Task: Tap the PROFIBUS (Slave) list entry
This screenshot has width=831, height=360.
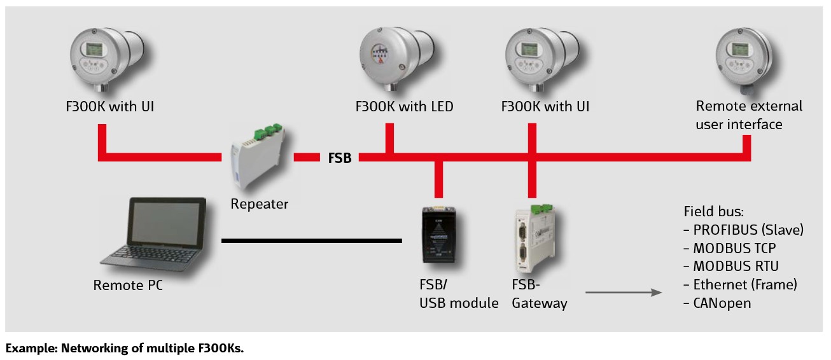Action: (x=743, y=230)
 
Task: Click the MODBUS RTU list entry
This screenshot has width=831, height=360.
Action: (x=730, y=266)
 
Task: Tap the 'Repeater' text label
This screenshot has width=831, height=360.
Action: (x=259, y=204)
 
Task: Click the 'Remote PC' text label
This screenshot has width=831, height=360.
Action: (x=128, y=285)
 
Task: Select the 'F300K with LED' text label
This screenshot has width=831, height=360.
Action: (x=404, y=106)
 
